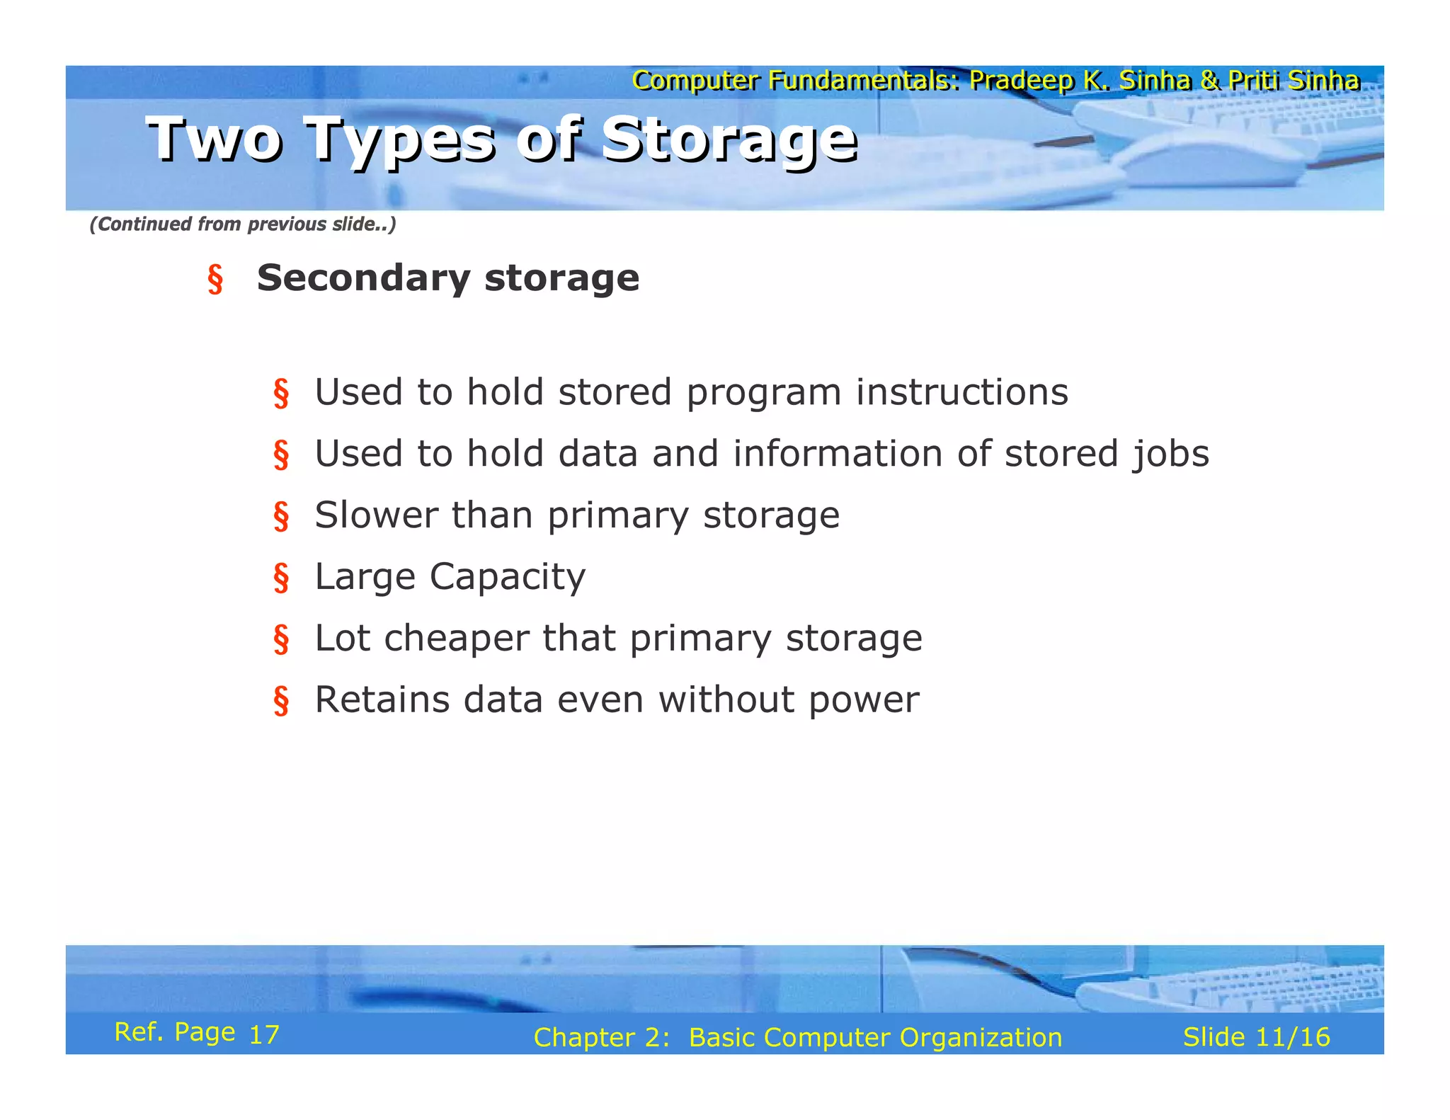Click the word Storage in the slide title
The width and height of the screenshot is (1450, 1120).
(729, 140)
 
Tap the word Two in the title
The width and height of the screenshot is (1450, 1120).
(215, 139)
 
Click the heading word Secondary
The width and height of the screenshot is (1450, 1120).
(362, 278)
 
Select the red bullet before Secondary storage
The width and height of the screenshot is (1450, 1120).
(215, 279)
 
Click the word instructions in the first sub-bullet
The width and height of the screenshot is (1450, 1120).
(961, 392)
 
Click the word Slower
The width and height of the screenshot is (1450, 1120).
(376, 515)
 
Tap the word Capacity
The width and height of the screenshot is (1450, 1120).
(508, 577)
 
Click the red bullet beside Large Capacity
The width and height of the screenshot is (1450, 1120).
(281, 578)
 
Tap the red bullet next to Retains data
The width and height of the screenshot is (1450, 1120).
(281, 701)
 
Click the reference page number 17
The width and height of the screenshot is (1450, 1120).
(264, 1035)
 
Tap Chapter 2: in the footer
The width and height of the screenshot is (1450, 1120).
(601, 1038)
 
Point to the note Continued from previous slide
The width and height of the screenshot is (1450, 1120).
(242, 224)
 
